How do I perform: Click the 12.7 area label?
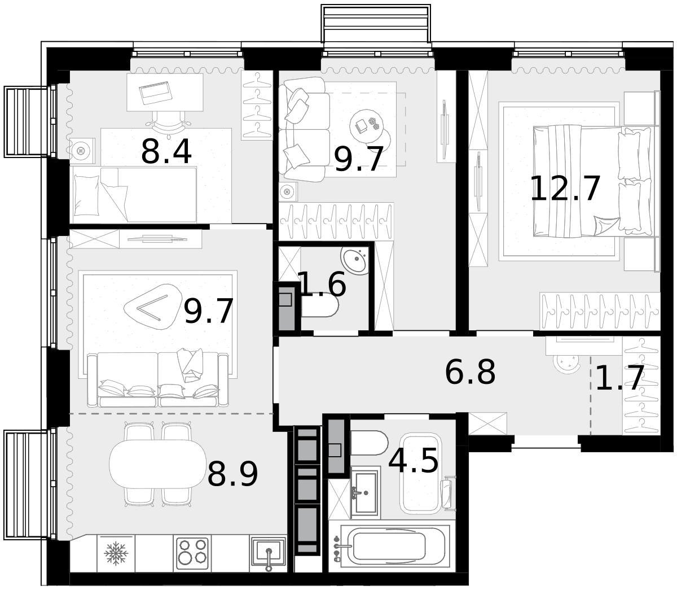tap(565, 189)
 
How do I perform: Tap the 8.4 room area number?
tap(166, 152)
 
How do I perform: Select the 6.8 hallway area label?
tap(470, 372)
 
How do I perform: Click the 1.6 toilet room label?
tap(322, 284)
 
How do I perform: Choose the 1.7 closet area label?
tap(619, 378)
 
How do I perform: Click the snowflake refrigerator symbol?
tap(116, 553)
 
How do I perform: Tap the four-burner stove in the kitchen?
tap(192, 553)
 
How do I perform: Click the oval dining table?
tap(157, 464)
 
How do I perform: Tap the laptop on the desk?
tap(156, 93)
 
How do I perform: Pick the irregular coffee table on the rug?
tap(153, 307)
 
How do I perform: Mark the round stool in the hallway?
tap(567, 364)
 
